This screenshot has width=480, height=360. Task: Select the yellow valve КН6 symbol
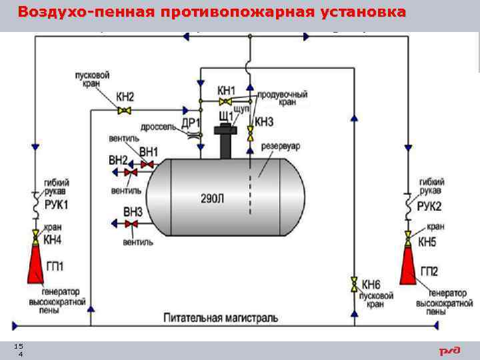354,283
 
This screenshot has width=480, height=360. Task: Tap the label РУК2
429,206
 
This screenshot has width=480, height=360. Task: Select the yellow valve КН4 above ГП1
35,236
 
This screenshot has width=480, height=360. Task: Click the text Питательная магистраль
221,318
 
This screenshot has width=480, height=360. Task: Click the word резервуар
281,145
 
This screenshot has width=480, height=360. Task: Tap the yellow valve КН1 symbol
227,101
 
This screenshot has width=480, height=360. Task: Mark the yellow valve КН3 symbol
250,133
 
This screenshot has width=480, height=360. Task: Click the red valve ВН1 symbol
147,163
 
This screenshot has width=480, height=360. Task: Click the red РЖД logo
449,351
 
